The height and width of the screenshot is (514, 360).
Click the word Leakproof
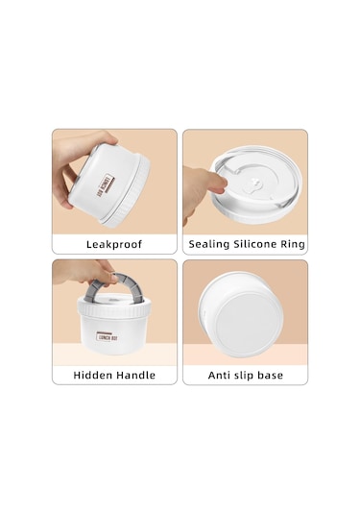114,245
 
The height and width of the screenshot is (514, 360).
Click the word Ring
293,244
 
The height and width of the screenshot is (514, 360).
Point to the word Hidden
93,375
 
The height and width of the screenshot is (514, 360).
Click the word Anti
219,375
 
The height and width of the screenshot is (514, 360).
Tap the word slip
244,376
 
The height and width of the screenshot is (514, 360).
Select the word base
271,375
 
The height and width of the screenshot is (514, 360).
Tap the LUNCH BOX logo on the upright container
108,336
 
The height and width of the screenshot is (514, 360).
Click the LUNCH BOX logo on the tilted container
105,185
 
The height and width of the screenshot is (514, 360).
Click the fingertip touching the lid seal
220,182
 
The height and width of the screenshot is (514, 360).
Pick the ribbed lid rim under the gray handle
114,309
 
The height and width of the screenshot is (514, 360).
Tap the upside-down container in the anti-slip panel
241,315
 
